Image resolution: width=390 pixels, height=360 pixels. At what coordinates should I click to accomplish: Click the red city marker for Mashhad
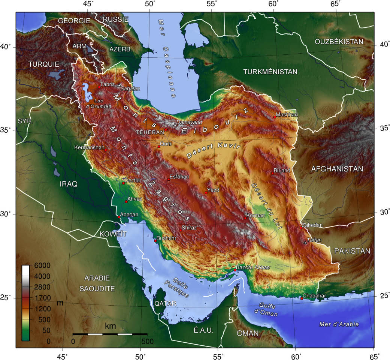coord(275,117)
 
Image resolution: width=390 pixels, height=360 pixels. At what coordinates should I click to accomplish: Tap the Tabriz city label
coord(108,84)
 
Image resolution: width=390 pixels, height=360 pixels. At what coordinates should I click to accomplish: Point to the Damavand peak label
coord(189,122)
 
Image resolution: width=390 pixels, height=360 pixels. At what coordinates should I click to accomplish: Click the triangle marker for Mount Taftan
coord(305,243)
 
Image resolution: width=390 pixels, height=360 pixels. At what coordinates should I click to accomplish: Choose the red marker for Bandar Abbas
coord(235,270)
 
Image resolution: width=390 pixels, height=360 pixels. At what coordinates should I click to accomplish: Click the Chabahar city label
coord(314,296)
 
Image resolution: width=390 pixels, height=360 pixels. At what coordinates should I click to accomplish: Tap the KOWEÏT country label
coord(113,234)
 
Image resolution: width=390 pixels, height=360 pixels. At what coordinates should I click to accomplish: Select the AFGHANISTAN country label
coord(337,169)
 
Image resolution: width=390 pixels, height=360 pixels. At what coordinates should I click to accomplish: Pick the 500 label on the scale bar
coord(147,341)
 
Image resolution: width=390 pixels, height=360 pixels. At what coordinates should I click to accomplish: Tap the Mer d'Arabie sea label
coord(339,324)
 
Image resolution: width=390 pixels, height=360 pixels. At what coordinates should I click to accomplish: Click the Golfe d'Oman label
coord(268,310)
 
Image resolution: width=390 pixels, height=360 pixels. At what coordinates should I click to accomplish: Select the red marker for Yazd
coord(206,192)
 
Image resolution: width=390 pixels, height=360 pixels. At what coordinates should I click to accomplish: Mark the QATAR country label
coord(165,304)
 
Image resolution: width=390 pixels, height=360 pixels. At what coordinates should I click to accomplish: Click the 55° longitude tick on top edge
coord(212,4)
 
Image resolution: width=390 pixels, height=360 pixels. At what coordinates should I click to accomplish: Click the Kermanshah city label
coord(89,147)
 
